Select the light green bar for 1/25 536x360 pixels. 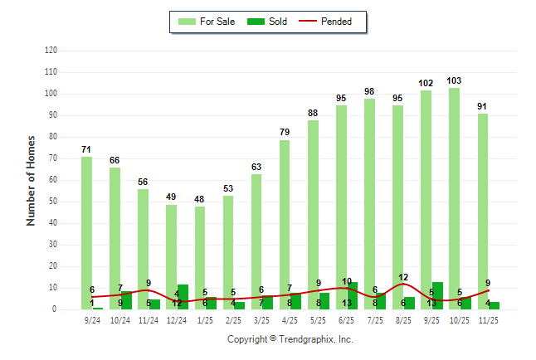(200, 257)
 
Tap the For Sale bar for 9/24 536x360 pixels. (86, 232)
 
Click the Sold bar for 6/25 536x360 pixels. (353, 295)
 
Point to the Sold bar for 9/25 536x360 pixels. (437, 295)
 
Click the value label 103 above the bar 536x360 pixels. (454, 80)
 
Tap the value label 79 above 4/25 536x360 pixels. (285, 132)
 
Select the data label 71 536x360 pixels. (86, 149)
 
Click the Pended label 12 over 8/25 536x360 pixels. (403, 277)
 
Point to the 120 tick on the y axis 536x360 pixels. (51, 51)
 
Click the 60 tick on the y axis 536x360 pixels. (53, 180)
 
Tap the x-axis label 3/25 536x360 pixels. (261, 319)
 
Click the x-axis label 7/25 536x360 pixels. (375, 319)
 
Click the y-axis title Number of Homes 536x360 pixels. (31, 180)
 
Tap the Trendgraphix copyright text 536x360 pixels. (290, 339)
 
